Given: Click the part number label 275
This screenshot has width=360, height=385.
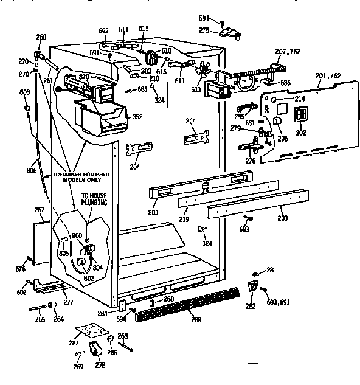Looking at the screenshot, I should [204, 30].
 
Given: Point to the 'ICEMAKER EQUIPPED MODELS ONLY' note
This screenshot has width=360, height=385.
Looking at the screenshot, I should [80, 177].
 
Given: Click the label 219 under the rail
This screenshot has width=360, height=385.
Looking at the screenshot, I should [184, 218].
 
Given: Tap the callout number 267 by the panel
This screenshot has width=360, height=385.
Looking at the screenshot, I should [40, 210].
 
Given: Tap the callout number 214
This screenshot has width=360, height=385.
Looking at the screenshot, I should [299, 98].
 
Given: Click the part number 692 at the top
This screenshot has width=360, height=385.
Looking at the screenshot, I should [103, 30].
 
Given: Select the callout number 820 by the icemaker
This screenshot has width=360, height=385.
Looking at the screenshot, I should [84, 77].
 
